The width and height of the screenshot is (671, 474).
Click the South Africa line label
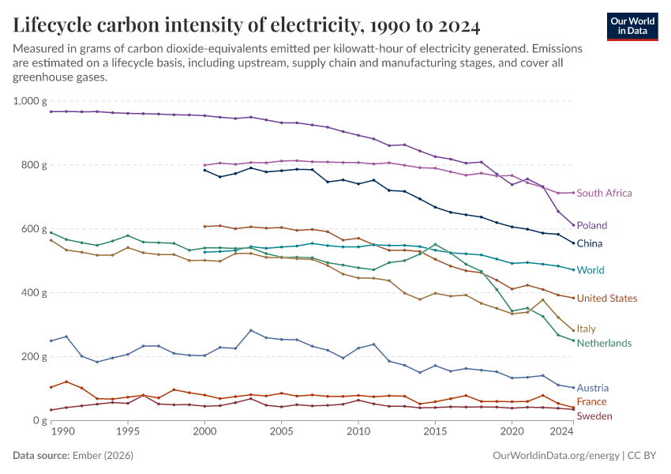point(604,193)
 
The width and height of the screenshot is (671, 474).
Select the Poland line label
point(592,225)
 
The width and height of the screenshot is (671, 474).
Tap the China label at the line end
point(590,243)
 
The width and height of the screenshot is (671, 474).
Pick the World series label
point(590,270)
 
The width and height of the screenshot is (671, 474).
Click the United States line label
point(606,298)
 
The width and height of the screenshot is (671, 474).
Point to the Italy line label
point(586,329)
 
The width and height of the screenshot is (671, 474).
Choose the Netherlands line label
point(604,343)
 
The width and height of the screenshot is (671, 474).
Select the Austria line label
point(592,388)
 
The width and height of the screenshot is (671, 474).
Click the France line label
point(591,402)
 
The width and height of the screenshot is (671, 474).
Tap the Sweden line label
point(594,416)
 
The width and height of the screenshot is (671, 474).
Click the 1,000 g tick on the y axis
point(31,101)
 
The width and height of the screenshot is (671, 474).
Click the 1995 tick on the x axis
point(128,432)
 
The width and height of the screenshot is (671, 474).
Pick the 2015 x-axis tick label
point(435,432)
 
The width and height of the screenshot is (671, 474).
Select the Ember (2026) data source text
point(103,457)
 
